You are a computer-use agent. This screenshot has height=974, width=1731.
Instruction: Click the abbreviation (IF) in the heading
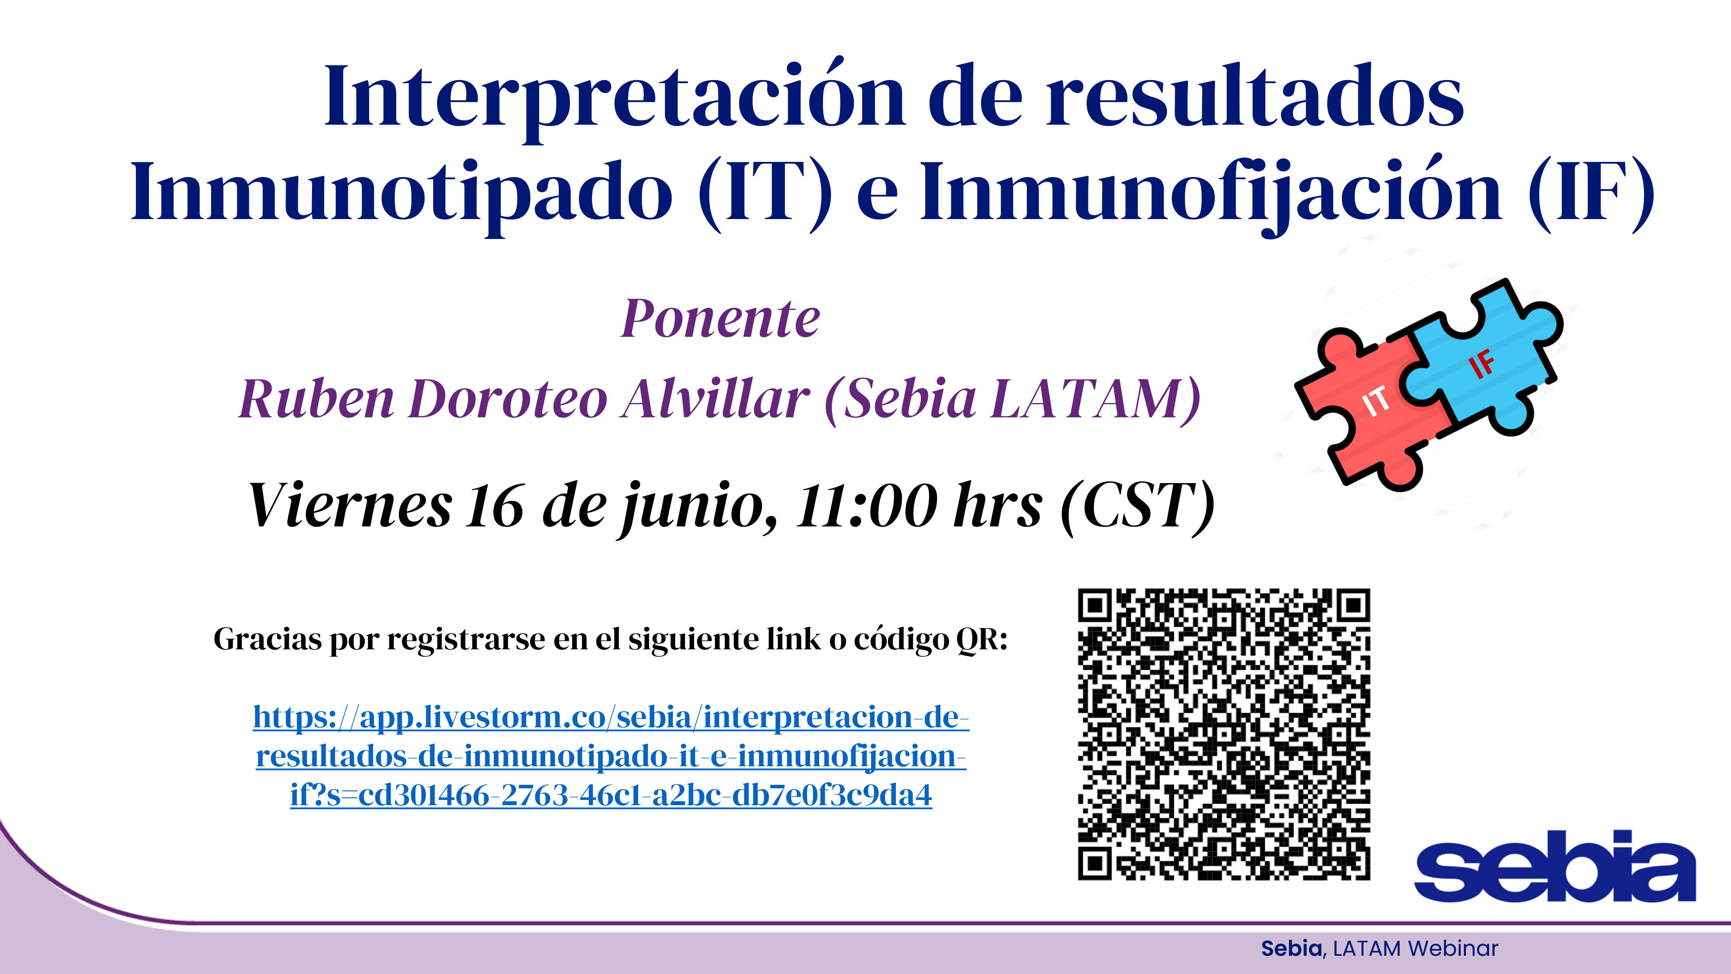(x=1590, y=195)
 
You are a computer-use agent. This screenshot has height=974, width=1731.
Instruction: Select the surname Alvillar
(x=716, y=399)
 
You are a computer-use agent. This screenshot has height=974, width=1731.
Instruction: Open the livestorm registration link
(x=611, y=756)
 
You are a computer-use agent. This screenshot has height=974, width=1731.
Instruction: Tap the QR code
(x=1224, y=734)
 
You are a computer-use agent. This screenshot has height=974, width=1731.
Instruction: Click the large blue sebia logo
(x=1555, y=866)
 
